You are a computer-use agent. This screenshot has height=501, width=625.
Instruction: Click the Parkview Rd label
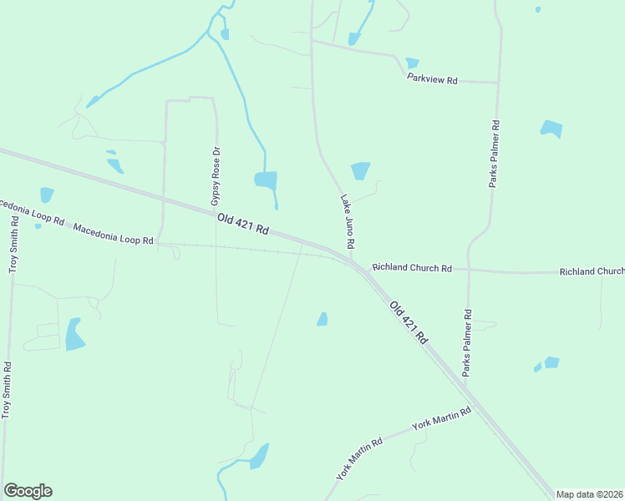(x=432, y=79)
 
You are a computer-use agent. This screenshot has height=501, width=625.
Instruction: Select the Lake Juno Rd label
(x=348, y=221)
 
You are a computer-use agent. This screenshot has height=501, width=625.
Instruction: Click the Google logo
(x=28, y=491)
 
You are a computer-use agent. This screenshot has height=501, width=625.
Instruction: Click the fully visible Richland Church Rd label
(x=412, y=268)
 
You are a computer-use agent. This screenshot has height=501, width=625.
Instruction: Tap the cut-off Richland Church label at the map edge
(x=592, y=271)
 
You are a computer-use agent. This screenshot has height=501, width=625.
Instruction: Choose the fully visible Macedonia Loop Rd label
(x=113, y=234)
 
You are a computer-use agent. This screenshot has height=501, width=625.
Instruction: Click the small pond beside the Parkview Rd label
(x=412, y=63)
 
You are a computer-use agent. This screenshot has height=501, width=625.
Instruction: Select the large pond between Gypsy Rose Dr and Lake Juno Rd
(x=266, y=180)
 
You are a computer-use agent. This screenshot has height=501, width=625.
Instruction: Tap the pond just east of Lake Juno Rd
(x=360, y=170)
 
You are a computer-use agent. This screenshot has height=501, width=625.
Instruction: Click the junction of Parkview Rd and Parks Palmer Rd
(x=499, y=83)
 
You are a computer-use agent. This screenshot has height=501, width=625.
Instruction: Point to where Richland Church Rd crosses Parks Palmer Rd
(x=468, y=271)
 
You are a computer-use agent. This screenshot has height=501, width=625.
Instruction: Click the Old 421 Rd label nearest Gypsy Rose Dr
(x=242, y=223)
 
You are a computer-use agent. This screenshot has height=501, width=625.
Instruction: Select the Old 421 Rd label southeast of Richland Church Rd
(x=409, y=322)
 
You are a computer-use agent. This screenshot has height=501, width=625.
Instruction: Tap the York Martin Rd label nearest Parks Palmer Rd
(x=442, y=418)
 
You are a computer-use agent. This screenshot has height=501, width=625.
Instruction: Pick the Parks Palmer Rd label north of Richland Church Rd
(x=495, y=154)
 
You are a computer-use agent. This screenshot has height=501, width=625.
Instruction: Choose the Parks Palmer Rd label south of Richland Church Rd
(x=467, y=342)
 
